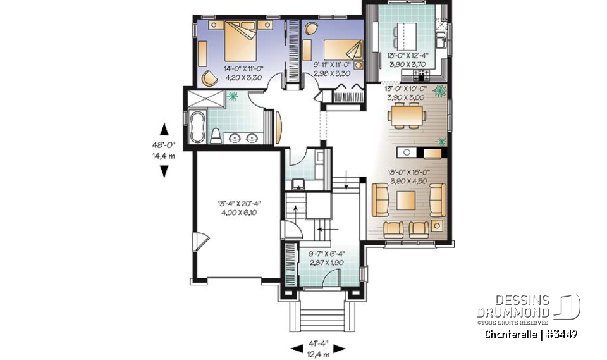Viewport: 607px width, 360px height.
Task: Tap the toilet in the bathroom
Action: [215, 135]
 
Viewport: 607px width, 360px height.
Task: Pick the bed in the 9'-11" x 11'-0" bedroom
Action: [341, 48]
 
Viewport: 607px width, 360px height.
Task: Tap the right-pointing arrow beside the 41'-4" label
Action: [340, 348]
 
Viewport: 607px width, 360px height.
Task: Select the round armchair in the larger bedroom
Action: [208, 78]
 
